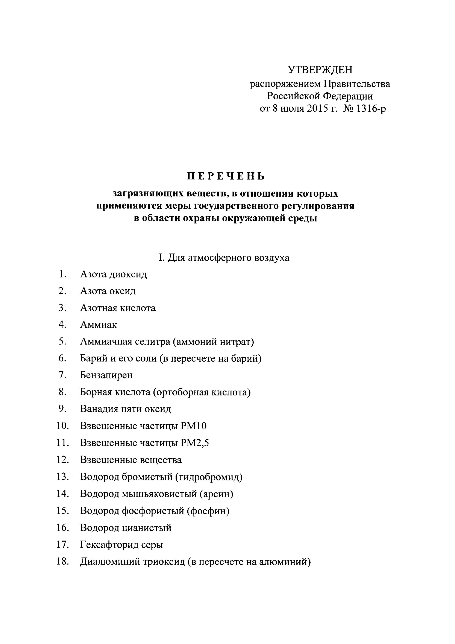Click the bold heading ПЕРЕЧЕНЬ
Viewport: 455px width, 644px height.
tap(226, 176)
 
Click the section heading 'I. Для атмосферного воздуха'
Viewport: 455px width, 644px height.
tap(224, 257)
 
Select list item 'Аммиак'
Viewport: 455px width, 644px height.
tap(98, 325)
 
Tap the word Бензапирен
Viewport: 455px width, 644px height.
tap(106, 375)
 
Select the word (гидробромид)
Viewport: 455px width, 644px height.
tap(209, 477)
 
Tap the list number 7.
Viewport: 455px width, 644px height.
tap(62, 375)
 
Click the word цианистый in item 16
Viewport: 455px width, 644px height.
tap(147, 528)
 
